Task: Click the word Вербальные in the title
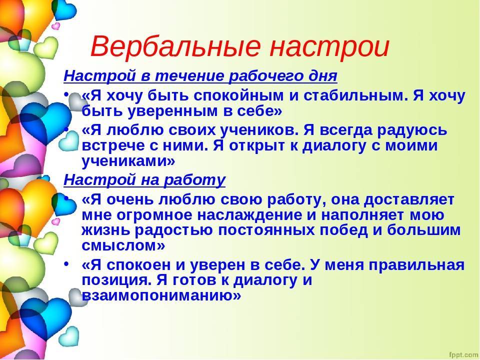(x=175, y=46)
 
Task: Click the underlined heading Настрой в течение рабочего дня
(x=200, y=76)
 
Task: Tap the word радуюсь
(x=412, y=130)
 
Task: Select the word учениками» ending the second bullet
(x=128, y=160)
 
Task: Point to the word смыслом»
(x=123, y=245)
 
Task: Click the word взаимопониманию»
(x=161, y=295)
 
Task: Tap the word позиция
(x=116, y=280)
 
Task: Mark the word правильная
(x=416, y=265)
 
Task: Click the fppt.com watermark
(x=463, y=355)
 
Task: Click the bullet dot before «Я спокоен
(x=66, y=263)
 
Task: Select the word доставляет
(x=409, y=200)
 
